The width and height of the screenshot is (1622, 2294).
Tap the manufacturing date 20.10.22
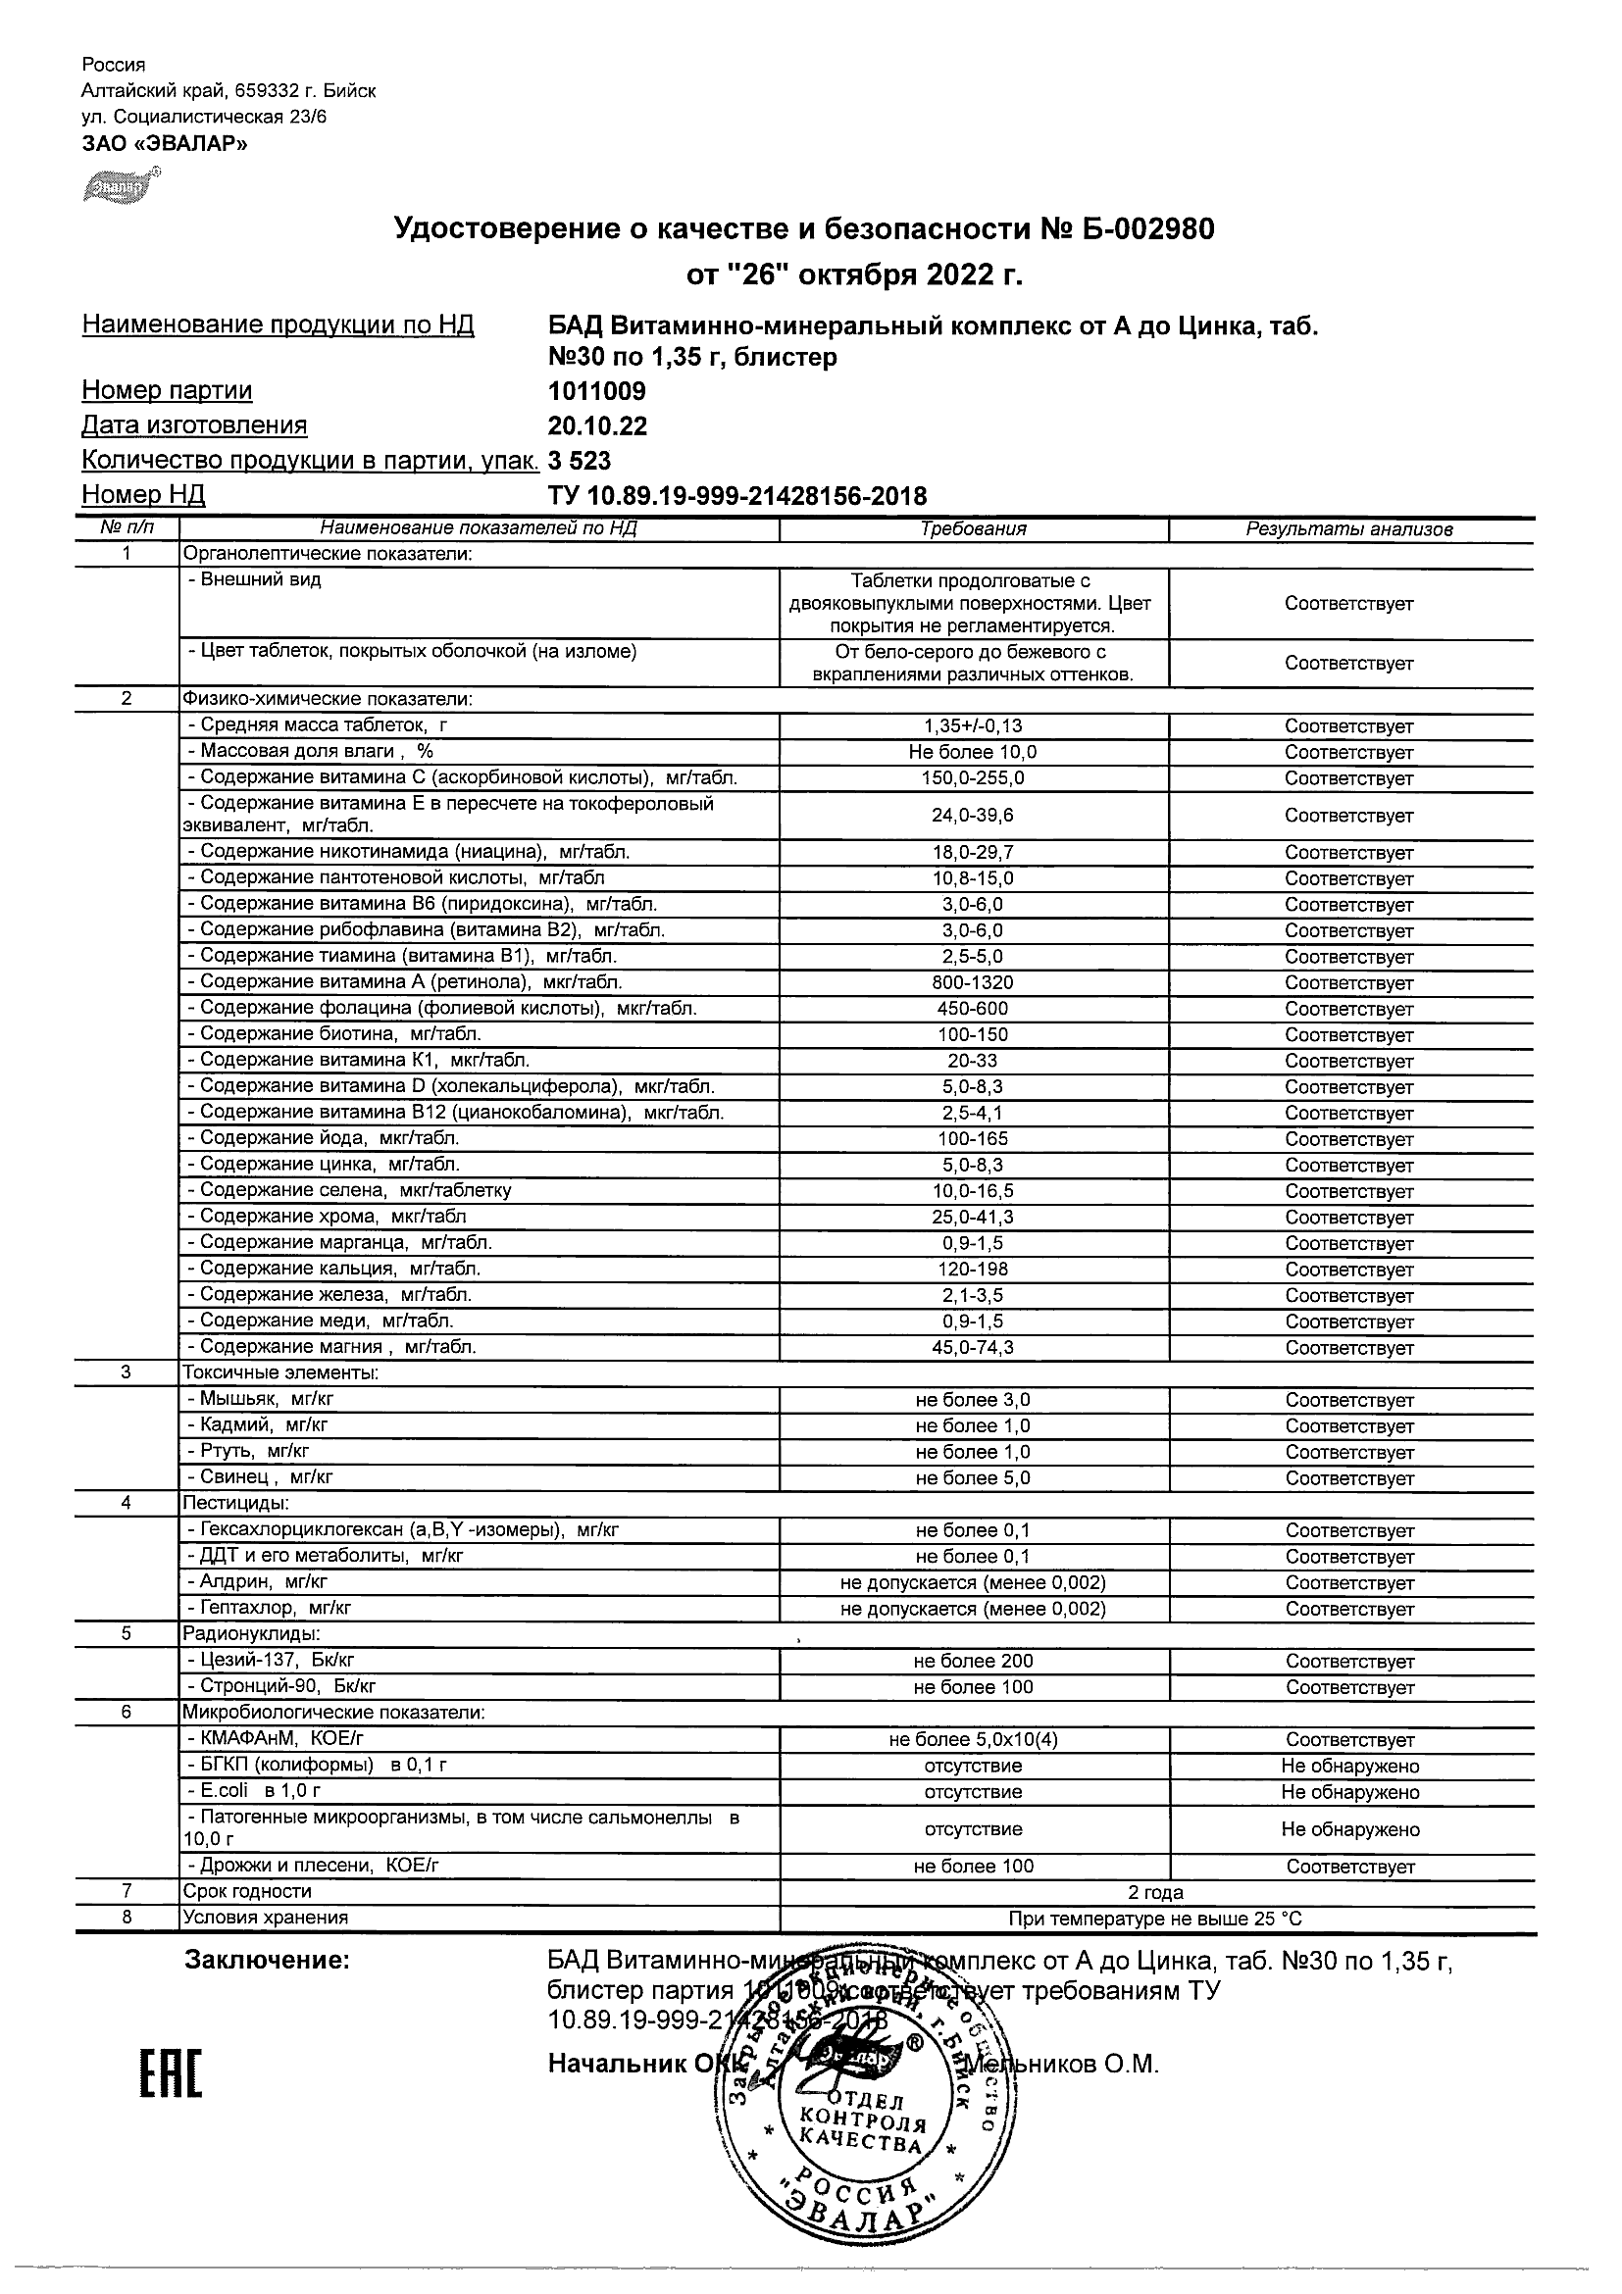[x=597, y=426]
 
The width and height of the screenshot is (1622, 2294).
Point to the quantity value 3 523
[x=580, y=461]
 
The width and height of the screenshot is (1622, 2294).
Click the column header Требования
[x=973, y=529]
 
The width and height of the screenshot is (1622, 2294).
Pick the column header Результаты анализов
[x=1349, y=529]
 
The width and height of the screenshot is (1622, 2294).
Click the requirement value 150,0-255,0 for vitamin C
[x=973, y=778]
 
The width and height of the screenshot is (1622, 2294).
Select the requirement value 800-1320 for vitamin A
[x=973, y=982]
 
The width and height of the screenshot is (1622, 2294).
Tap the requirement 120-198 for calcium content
[x=973, y=1269]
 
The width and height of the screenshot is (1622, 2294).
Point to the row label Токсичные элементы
[x=280, y=1372]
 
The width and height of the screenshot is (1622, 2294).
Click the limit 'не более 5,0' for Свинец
[x=973, y=1477]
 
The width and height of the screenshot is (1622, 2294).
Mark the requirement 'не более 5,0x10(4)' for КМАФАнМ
[x=973, y=1739]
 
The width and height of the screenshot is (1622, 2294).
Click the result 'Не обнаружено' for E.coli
[x=1350, y=1791]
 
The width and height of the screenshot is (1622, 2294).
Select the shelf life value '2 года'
[x=1155, y=1892]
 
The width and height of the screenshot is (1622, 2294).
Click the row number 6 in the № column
[x=126, y=1713]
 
